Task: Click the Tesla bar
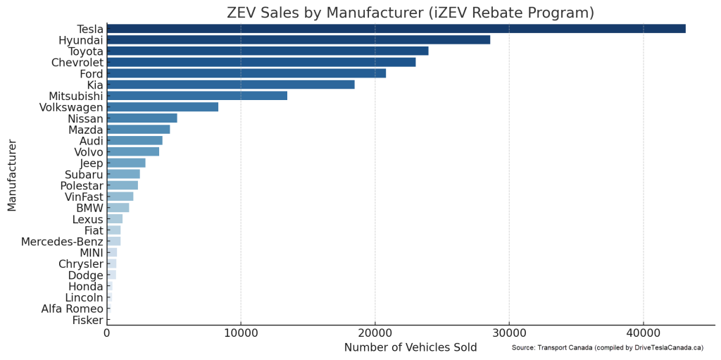(x=396, y=29)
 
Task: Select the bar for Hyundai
(x=299, y=40)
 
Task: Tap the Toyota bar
(x=268, y=51)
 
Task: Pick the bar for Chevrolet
(x=261, y=62)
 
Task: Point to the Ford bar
(x=246, y=73)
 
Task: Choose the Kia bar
(x=231, y=85)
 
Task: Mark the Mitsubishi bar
(x=197, y=96)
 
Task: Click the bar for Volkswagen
(x=163, y=107)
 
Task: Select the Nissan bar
(x=142, y=118)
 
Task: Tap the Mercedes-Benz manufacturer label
(x=62, y=242)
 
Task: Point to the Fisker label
(x=87, y=320)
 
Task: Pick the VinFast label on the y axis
(x=84, y=197)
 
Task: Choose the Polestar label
(x=81, y=185)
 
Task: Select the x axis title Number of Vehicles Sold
(x=410, y=347)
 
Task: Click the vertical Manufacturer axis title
(x=12, y=175)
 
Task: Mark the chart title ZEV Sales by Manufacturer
(x=410, y=12)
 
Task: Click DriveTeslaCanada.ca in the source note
(x=668, y=348)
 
